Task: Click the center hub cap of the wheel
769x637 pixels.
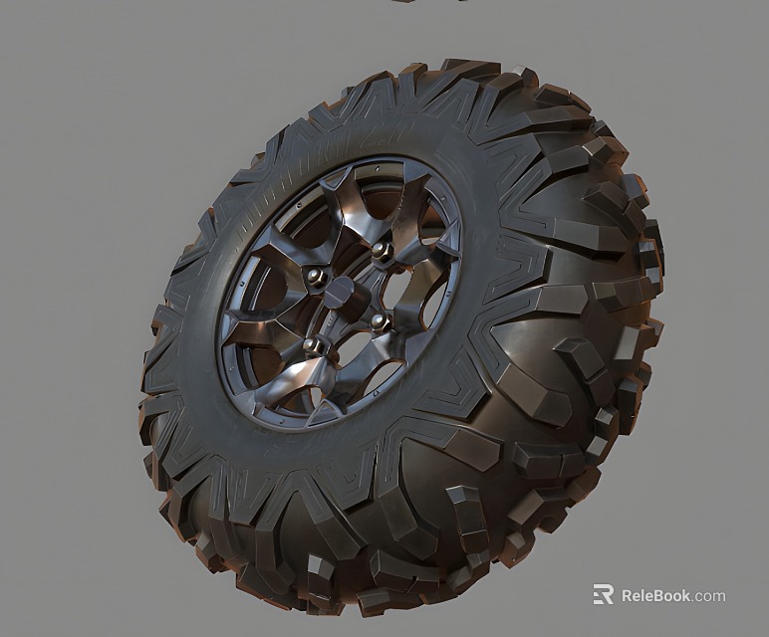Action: coord(340,296)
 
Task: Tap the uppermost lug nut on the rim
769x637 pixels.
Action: coord(380,249)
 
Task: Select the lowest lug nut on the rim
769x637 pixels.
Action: coord(312,344)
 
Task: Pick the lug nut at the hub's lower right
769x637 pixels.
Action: coord(379,320)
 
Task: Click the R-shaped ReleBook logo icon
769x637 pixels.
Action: coord(603,595)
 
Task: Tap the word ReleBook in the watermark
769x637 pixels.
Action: coord(656,596)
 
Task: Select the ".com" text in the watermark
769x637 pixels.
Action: coord(710,596)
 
